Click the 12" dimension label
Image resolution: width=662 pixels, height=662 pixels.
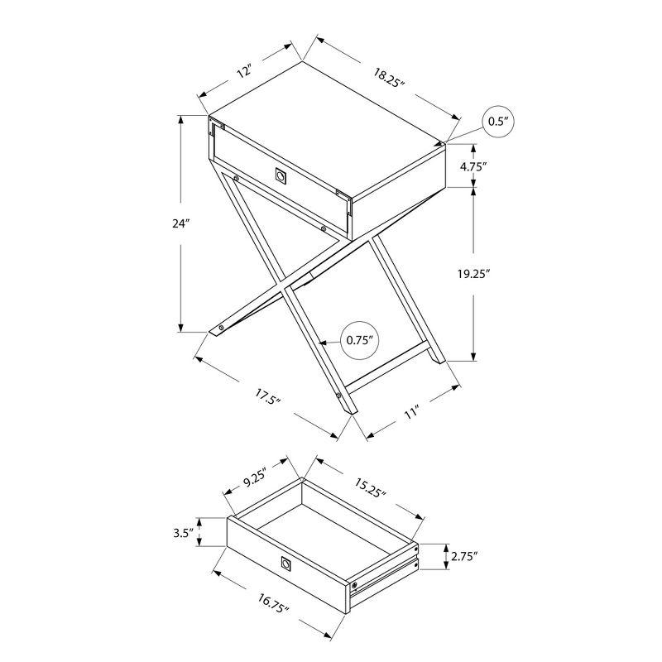[x=244, y=71]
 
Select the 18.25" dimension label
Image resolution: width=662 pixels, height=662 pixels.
[x=389, y=78]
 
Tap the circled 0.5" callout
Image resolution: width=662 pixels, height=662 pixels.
[x=498, y=122]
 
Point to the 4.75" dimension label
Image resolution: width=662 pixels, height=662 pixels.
[x=473, y=166]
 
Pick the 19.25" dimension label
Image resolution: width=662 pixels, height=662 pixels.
[x=473, y=274]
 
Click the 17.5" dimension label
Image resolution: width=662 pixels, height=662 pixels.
[x=266, y=397]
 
